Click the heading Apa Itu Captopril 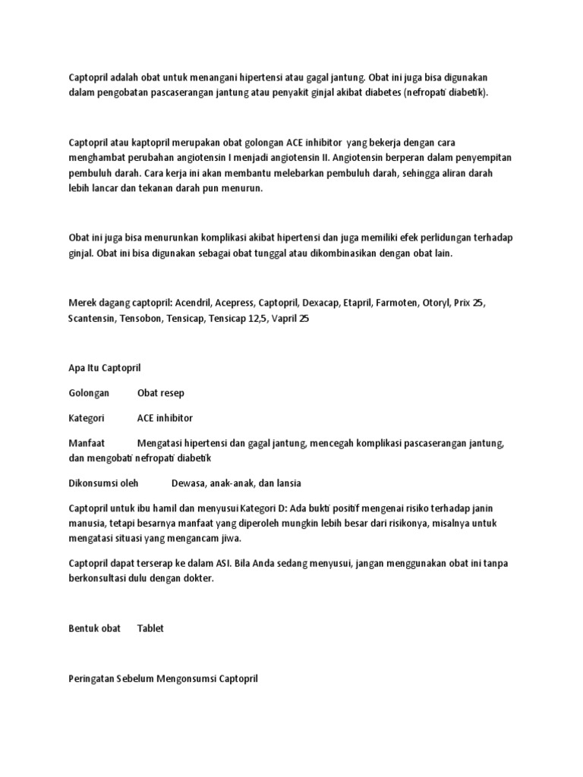tap(105, 368)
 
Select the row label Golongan tap(89, 393)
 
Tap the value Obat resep tap(160, 393)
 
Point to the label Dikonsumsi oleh tap(103, 483)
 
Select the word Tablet tap(150, 628)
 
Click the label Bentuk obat tap(95, 628)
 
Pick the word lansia tap(286, 483)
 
